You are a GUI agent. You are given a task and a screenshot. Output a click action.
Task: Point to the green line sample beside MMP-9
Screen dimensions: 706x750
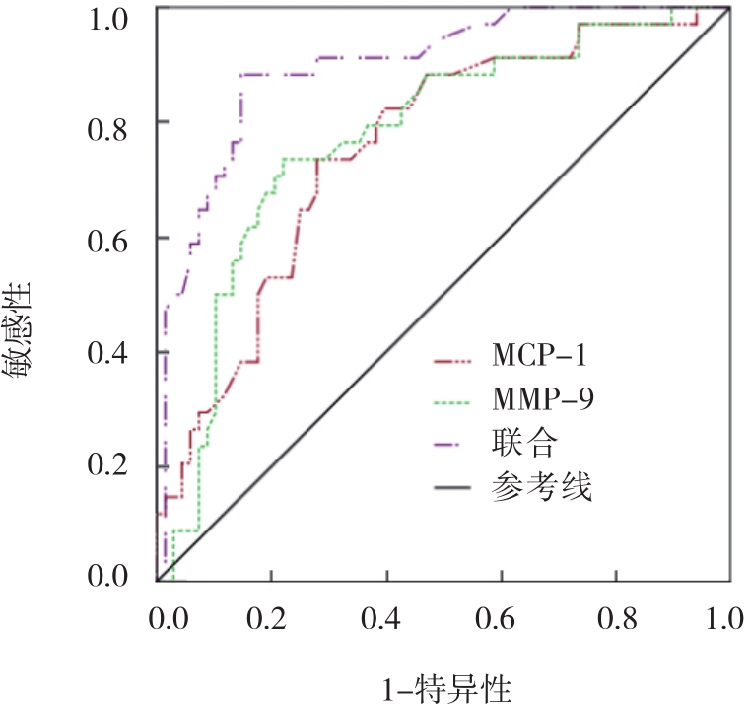click(455, 399)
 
